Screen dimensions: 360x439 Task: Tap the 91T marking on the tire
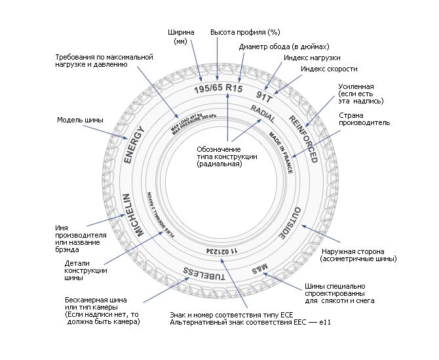[272, 96]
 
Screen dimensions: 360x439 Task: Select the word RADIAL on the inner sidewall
[263, 115]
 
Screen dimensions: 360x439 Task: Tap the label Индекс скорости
[329, 69]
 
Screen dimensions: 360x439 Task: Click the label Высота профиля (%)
[240, 31]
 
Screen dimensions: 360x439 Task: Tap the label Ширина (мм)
[181, 36]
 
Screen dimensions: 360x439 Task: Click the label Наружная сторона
[358, 255]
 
